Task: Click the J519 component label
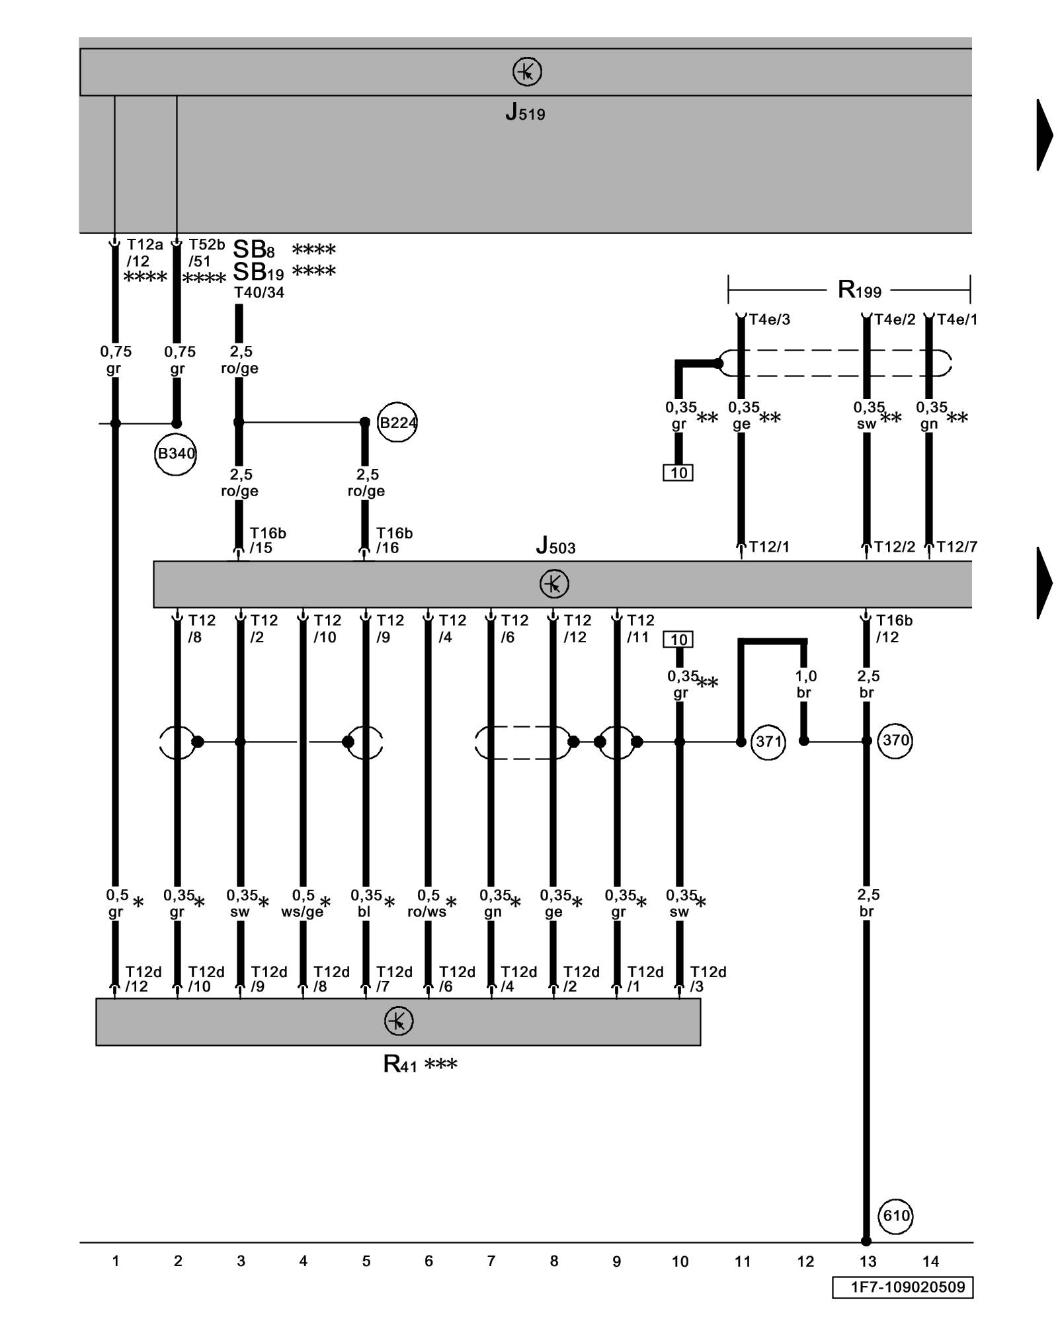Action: pyautogui.click(x=525, y=112)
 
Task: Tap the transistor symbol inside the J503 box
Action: pyautogui.click(x=553, y=584)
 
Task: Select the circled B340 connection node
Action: pyautogui.click(x=176, y=454)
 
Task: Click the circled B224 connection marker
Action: pyautogui.click(x=397, y=422)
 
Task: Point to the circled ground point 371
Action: pyautogui.click(x=768, y=742)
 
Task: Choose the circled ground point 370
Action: pyautogui.click(x=895, y=740)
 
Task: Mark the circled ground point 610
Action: pyautogui.click(x=896, y=1215)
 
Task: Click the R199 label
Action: pyautogui.click(x=859, y=290)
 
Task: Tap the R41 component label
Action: pyautogui.click(x=401, y=1064)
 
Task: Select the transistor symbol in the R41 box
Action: pyautogui.click(x=398, y=1021)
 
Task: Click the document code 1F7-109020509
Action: pyautogui.click(x=903, y=1287)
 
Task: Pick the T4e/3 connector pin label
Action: pyautogui.click(x=769, y=320)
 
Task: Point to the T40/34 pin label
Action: pyautogui.click(x=259, y=292)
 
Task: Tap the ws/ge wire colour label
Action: pyautogui.click(x=302, y=912)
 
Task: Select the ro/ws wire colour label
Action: pyautogui.click(x=427, y=912)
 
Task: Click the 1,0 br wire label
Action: pyautogui.click(x=805, y=684)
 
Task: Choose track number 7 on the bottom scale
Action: pyautogui.click(x=491, y=1261)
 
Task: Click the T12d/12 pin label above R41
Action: pyautogui.click(x=143, y=979)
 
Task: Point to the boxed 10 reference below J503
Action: pyautogui.click(x=678, y=640)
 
